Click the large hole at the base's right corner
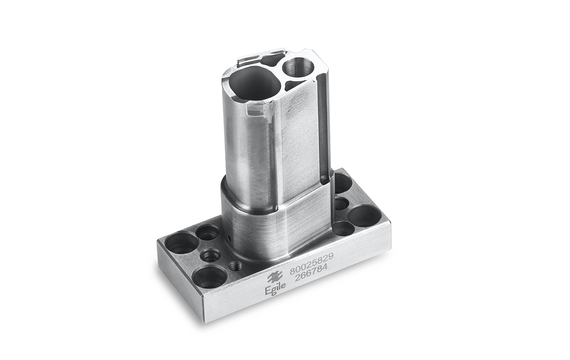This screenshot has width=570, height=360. [364, 216]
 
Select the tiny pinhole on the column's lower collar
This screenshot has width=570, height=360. [229, 238]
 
